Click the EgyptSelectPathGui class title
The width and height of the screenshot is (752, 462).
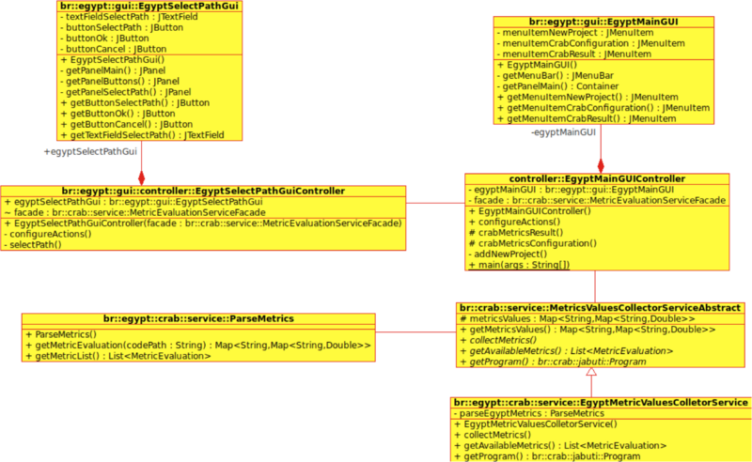pyautogui.click(x=149, y=6)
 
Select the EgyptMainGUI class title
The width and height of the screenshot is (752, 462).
pyautogui.click(x=603, y=22)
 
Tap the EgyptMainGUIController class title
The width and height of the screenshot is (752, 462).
pyautogui.click(x=597, y=178)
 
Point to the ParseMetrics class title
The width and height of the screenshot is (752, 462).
pyautogui.click(x=198, y=318)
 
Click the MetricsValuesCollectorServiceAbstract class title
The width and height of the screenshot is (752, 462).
pyautogui.click(x=600, y=308)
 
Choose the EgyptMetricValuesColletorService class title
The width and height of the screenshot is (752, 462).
pyautogui.click(x=601, y=403)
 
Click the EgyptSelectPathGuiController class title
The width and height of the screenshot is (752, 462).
pyautogui.click(x=203, y=192)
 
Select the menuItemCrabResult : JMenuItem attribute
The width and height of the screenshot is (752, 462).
pyautogui.click(x=574, y=54)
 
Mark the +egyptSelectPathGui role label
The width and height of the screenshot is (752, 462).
pyautogui.click(x=90, y=152)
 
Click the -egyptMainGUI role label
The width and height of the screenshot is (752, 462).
pyautogui.click(x=563, y=132)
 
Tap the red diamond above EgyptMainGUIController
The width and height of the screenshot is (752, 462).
pyautogui.click(x=601, y=166)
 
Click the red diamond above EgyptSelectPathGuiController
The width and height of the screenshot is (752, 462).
pyautogui.click(x=142, y=178)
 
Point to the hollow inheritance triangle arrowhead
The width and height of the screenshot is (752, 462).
pyautogui.click(x=591, y=372)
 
